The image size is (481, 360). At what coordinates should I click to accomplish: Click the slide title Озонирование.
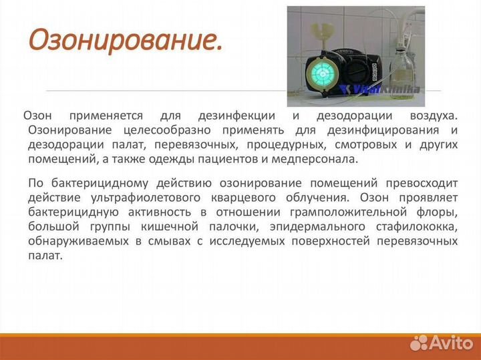(x=125, y=41)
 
